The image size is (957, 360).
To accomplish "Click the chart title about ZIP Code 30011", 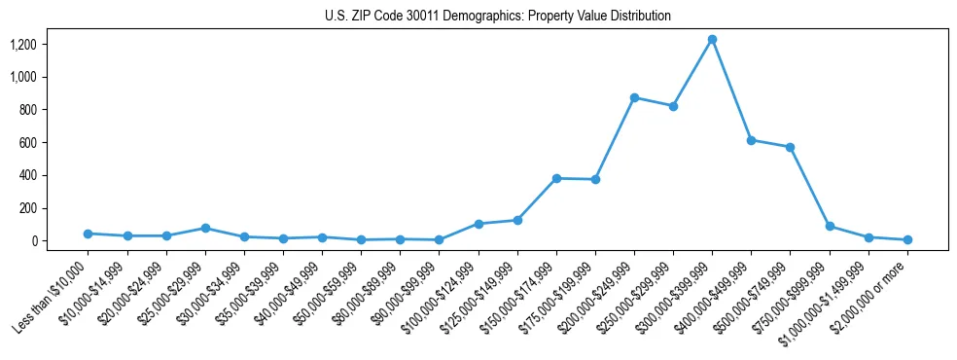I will [x=497, y=16].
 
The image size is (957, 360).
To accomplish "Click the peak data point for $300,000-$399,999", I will [x=712, y=40].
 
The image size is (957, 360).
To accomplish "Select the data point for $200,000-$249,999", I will [x=634, y=98].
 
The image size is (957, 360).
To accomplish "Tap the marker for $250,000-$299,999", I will [x=673, y=106].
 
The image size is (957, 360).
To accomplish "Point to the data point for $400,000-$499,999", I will [x=751, y=140].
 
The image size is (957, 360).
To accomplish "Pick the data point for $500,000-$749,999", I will [x=790, y=148].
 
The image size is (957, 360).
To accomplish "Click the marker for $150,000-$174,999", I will [x=556, y=179].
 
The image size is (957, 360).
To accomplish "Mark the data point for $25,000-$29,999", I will [x=205, y=228].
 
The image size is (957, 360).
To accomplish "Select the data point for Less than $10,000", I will [x=89, y=234].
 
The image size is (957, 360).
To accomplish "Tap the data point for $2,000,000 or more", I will [x=907, y=239].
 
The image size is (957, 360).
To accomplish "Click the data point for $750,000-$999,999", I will [x=830, y=226].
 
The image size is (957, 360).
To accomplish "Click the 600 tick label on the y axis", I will [x=27, y=143].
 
